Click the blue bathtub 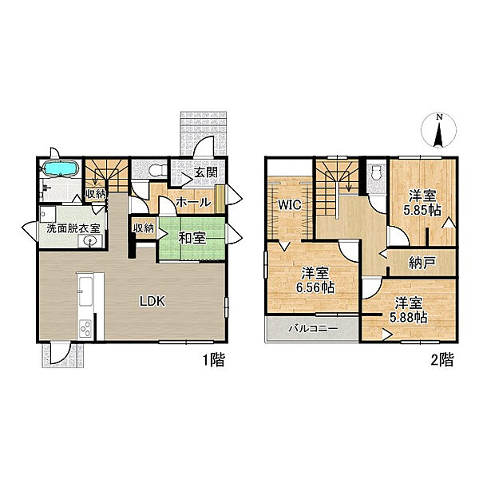[x=61, y=168]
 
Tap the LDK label [x=152, y=302]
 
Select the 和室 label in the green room [x=192, y=238]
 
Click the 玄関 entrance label [x=206, y=172]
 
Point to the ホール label [x=194, y=202]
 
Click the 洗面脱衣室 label [x=73, y=228]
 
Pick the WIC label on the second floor [x=290, y=205]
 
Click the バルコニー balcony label [x=314, y=329]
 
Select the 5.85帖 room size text [x=422, y=210]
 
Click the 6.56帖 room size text [x=315, y=287]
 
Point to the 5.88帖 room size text [x=408, y=318]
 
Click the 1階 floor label [x=214, y=359]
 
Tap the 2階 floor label [x=441, y=359]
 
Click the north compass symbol [x=438, y=129]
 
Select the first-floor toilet [x=158, y=170]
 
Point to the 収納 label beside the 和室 [x=144, y=228]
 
